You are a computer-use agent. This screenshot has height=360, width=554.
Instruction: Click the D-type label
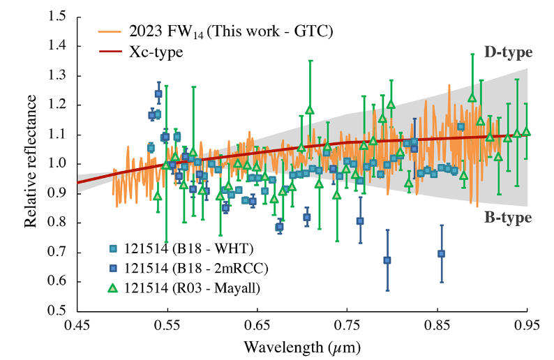[x=508, y=53]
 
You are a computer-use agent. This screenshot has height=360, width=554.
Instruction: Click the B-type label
[x=508, y=218]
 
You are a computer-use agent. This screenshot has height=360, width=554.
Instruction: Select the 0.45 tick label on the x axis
[x=77, y=326]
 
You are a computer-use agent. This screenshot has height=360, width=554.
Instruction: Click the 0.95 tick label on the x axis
[x=527, y=326]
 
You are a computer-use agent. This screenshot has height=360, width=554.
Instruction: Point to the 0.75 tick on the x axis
[x=347, y=326]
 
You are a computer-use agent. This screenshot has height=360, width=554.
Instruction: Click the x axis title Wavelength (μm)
[x=302, y=346]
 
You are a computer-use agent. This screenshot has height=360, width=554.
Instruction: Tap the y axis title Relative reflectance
[x=30, y=164]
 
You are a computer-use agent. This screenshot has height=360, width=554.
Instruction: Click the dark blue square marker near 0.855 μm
[x=441, y=254]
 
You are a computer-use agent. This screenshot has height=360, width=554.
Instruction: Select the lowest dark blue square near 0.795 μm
[x=387, y=260]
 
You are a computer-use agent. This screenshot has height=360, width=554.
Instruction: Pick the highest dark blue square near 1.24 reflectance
[x=158, y=93]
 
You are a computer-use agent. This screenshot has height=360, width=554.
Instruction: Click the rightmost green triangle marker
[x=526, y=132]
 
